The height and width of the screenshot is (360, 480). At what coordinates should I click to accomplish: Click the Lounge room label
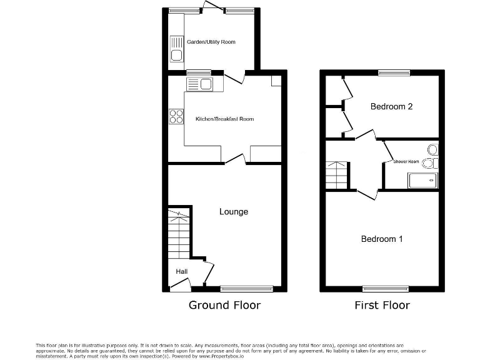(x=234, y=212)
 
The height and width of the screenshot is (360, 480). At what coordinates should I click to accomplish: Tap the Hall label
(x=182, y=271)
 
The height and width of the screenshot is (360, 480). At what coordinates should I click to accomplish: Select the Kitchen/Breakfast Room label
(x=225, y=119)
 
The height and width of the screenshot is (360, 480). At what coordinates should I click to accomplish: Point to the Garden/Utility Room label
(x=211, y=42)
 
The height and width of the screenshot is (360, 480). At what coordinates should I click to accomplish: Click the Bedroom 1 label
(x=382, y=239)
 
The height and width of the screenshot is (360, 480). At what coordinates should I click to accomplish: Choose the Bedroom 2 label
(x=391, y=106)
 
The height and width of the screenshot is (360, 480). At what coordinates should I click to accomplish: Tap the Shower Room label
(x=406, y=161)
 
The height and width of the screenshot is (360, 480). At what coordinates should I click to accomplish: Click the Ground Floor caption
(x=224, y=305)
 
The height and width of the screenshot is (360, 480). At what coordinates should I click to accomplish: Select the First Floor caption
(x=382, y=305)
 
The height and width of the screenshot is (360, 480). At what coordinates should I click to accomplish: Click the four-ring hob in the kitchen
(x=176, y=116)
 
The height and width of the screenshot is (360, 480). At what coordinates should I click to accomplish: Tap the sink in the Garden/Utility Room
(x=176, y=49)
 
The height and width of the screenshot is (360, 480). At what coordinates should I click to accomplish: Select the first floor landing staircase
(x=336, y=175)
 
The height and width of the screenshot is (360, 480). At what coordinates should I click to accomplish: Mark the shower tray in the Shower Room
(x=422, y=181)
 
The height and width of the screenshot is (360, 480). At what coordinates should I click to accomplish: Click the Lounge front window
(x=246, y=289)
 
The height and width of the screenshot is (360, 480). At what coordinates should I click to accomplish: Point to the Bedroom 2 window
(x=394, y=73)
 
